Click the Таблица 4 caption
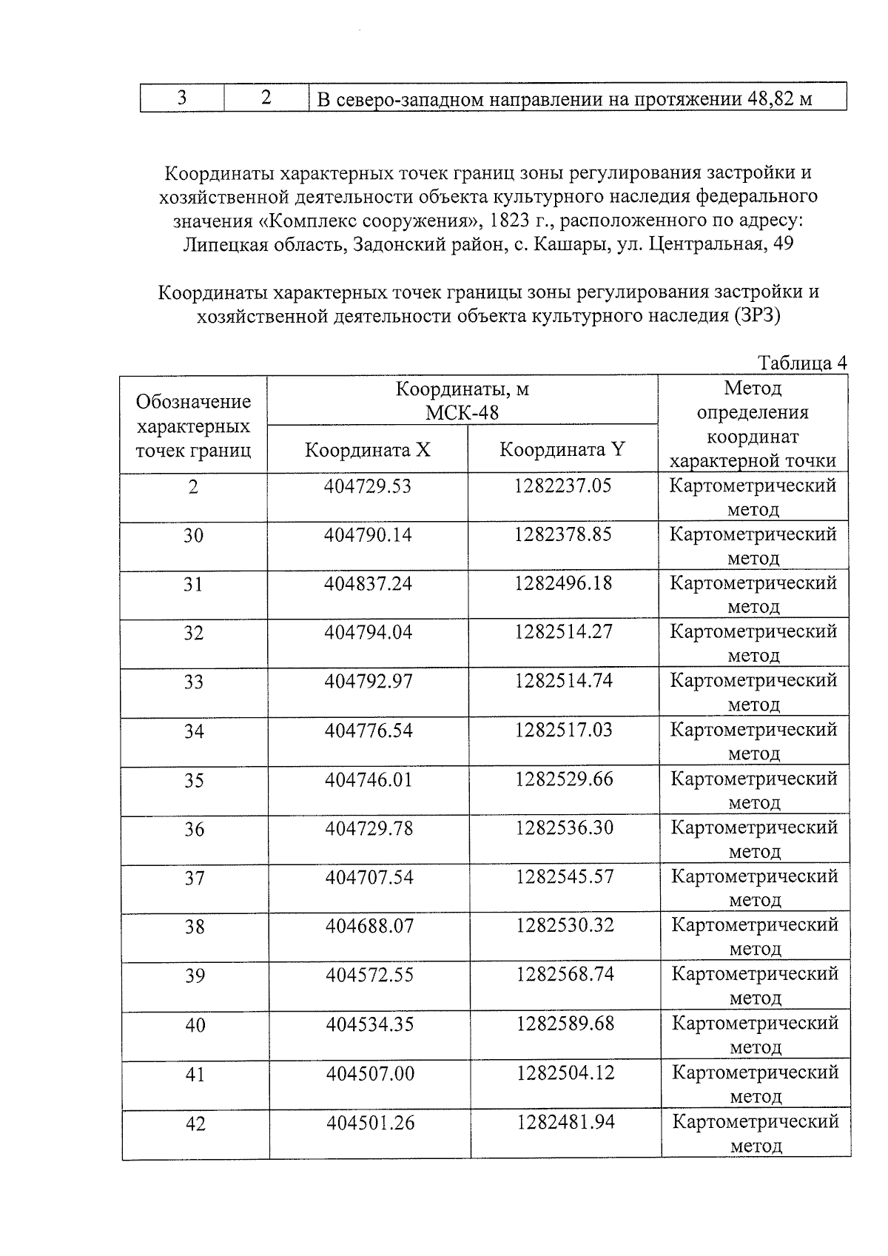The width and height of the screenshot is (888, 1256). [x=802, y=363]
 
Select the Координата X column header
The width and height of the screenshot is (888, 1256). [x=368, y=450]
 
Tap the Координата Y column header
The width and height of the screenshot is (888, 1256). [x=562, y=449]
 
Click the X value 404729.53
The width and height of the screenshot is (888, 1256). [x=368, y=486]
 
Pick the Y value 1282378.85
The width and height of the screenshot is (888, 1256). [x=563, y=534]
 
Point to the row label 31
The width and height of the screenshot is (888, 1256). [x=193, y=585]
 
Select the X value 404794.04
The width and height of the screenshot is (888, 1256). [x=368, y=632]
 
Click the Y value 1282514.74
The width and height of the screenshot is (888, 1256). [x=564, y=681]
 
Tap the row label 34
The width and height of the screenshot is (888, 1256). [x=194, y=731]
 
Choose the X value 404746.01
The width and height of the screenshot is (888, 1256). [x=369, y=779]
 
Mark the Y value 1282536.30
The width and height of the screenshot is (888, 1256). [x=565, y=827]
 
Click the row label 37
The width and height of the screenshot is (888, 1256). [x=195, y=878]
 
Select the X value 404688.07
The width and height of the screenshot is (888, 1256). [x=369, y=926]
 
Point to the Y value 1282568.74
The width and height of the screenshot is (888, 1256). [x=565, y=975]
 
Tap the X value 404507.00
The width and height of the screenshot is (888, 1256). [x=370, y=1073]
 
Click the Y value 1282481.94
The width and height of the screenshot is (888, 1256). [x=566, y=1122]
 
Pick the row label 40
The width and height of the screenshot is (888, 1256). [x=195, y=1025]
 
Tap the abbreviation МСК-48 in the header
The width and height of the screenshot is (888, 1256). [x=462, y=412]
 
